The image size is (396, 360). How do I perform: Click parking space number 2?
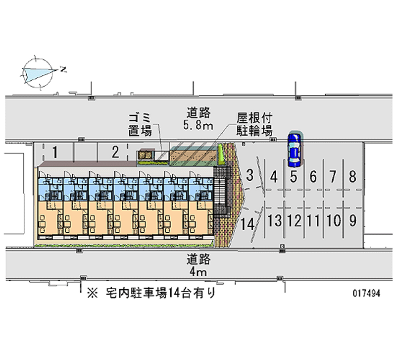coord(115,152)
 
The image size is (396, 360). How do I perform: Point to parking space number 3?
coord(250,175)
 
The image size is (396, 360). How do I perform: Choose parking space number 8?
coord(352,176)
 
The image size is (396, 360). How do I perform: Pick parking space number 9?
coord(352,219)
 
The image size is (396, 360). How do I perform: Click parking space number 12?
coord(294,220)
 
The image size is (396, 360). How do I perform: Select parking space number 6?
coord(313,176)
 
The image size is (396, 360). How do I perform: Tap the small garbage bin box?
coord(145,156)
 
